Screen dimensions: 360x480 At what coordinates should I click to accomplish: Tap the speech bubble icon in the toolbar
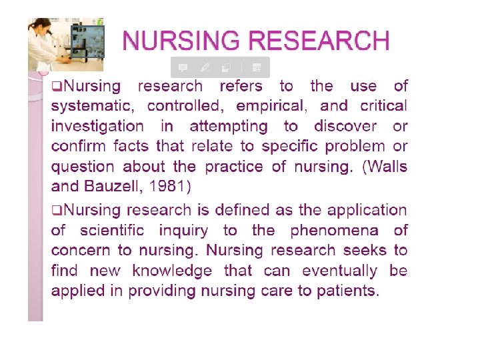click(x=183, y=67)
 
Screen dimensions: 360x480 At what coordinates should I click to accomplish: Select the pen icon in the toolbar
click(x=205, y=67)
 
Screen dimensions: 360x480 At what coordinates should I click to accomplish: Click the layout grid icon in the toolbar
click(x=257, y=67)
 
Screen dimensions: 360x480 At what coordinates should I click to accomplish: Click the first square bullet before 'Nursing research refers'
click(x=56, y=87)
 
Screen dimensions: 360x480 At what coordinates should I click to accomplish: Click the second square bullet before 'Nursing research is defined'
click(x=56, y=211)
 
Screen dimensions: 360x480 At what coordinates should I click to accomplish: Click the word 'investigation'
click(x=97, y=126)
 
